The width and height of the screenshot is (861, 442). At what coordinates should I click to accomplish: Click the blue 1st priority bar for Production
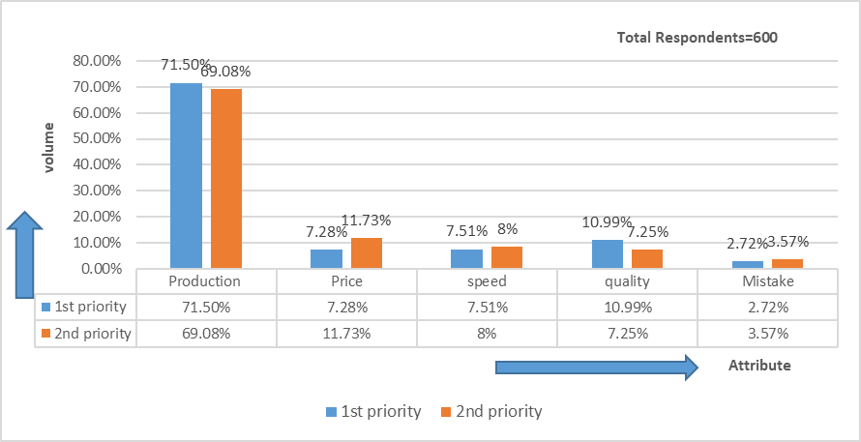point(187,175)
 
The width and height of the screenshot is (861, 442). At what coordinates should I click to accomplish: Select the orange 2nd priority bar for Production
point(226,178)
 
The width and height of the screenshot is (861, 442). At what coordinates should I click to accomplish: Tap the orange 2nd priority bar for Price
point(367,252)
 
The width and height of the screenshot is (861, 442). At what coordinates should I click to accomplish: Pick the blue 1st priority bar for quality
point(607,253)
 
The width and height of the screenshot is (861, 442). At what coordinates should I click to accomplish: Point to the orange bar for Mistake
point(787,263)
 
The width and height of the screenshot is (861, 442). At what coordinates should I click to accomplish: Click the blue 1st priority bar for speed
point(467,258)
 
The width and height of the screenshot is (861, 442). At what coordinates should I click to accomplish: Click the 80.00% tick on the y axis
point(97,61)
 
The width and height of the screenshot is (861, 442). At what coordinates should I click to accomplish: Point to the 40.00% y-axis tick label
point(97,164)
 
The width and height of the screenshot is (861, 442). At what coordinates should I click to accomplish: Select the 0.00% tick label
point(100,268)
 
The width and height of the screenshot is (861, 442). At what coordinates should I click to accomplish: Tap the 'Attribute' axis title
point(759,366)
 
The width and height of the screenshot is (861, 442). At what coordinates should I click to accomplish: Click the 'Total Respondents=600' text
point(698,38)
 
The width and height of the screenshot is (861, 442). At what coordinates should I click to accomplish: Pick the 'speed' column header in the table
point(487,281)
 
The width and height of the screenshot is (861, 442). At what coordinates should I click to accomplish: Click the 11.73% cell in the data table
point(346,334)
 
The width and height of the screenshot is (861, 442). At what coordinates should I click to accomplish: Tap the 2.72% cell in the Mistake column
point(767,308)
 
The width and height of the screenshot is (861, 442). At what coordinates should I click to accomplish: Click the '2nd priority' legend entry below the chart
point(490,411)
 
